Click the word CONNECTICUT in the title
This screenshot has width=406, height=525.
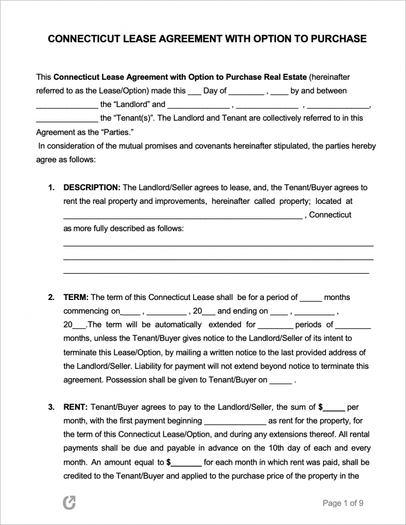(x=78, y=39)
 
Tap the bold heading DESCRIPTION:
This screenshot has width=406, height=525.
(x=92, y=187)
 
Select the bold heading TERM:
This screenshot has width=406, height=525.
(x=76, y=297)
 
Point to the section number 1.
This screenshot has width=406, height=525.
(x=51, y=187)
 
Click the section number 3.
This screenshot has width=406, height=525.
(x=51, y=407)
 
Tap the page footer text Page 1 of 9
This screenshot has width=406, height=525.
(x=343, y=503)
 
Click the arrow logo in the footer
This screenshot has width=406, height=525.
(x=69, y=503)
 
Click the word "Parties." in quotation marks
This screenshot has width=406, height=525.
(x=106, y=132)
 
